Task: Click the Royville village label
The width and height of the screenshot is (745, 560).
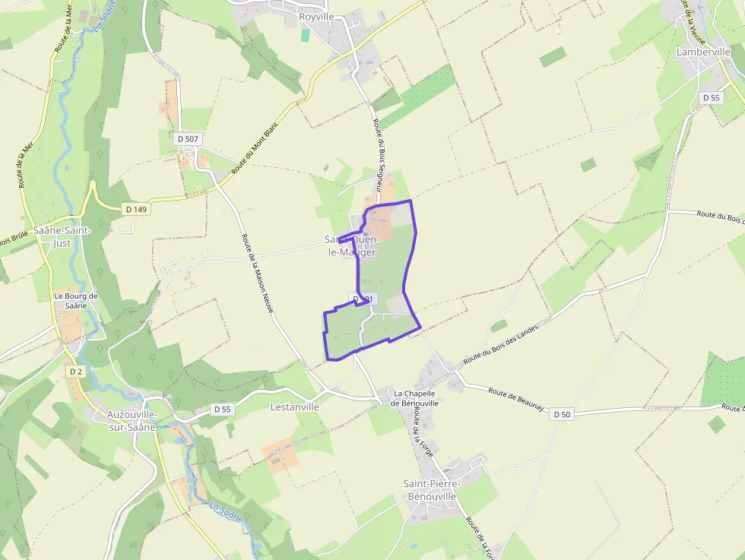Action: (x=316, y=16)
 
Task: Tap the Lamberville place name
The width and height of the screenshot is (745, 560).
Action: (x=703, y=52)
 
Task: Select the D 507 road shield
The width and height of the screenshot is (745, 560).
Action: (x=187, y=139)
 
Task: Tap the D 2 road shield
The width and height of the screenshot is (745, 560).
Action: (x=75, y=372)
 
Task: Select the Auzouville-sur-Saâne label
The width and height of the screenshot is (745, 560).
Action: (x=132, y=420)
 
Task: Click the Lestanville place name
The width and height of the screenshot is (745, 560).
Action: (x=295, y=407)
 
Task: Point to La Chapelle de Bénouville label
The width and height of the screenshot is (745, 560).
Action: (x=415, y=398)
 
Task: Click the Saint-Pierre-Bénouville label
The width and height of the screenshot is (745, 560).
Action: (x=430, y=490)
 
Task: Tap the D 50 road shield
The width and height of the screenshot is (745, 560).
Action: (x=561, y=414)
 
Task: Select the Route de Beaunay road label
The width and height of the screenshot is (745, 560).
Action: (x=516, y=400)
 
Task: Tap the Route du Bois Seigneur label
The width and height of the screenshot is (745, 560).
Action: (x=381, y=153)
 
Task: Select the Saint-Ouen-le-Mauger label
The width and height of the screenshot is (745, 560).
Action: (x=352, y=245)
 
